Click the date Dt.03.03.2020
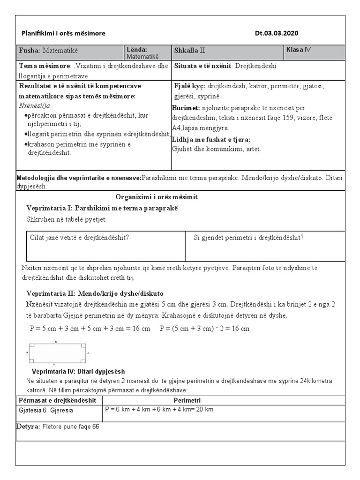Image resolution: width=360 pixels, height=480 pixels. point(277,33)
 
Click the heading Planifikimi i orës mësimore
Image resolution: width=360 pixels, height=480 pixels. point(64,33)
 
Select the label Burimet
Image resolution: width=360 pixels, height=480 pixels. point(186,108)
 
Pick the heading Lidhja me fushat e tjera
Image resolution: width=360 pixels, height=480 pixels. point(211,139)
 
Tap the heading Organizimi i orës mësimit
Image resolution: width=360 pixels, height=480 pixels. point(157,197)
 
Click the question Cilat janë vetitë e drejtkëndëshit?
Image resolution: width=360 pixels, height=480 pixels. point(79,237)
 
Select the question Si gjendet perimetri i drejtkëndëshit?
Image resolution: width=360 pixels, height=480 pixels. point(248,237)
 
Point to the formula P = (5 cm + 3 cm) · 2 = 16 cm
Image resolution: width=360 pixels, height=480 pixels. point(204,328)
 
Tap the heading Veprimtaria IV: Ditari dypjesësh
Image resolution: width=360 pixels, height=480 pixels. point(78,371)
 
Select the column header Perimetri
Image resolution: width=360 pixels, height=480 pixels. point(187,400)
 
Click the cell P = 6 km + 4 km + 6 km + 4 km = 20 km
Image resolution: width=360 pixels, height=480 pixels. point(159,410)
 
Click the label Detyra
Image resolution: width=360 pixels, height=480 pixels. point(29,427)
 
